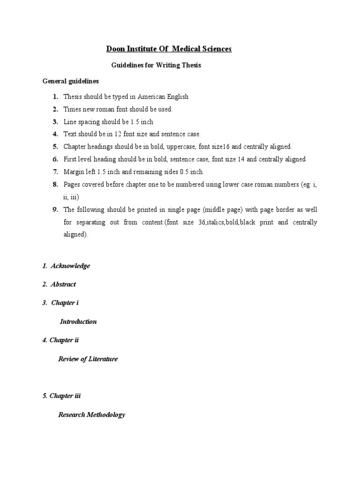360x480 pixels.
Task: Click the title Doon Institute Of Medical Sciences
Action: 169,49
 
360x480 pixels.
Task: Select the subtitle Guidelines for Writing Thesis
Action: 156,66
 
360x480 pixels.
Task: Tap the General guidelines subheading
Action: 71,81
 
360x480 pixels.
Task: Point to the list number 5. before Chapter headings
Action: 55,147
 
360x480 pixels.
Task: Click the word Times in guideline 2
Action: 72,109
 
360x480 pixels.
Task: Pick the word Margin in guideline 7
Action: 74,172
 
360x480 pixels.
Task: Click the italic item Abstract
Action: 63,285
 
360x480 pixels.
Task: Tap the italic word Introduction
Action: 78,322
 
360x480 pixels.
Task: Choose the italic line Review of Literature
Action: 88,359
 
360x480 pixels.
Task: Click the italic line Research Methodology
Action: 91,415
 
